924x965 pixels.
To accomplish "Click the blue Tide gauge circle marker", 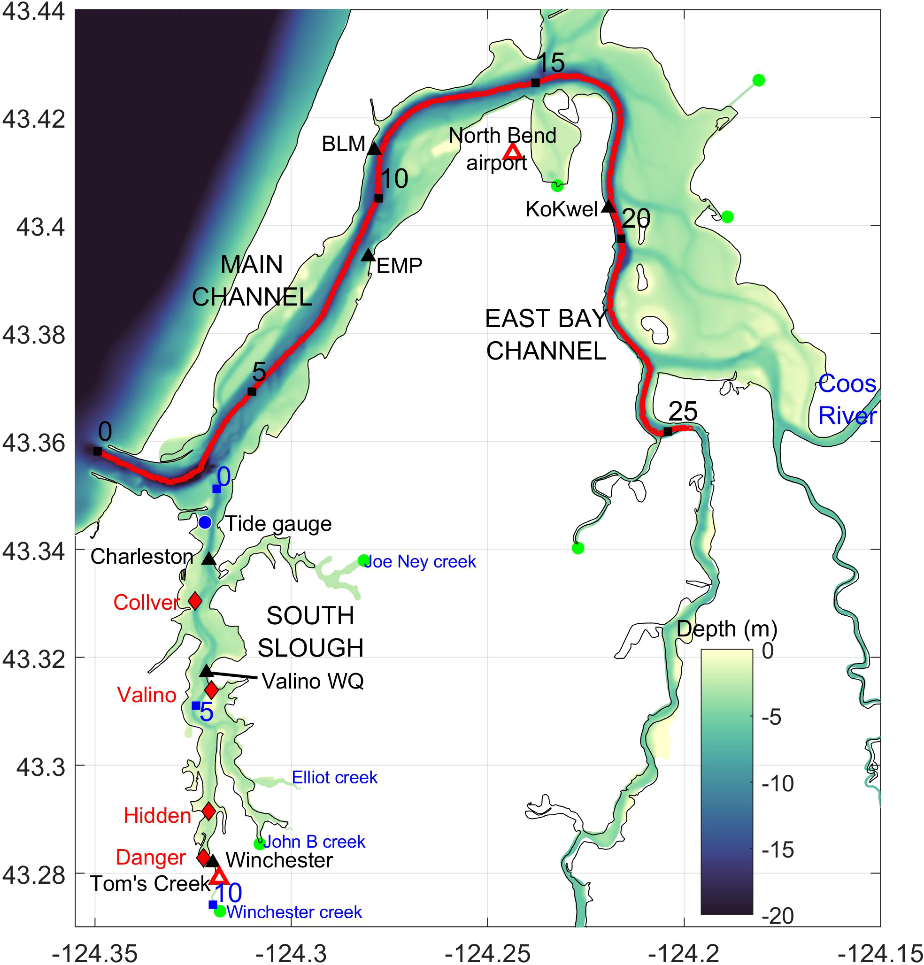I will tap(205, 522).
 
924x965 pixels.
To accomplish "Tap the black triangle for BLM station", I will tap(374, 149).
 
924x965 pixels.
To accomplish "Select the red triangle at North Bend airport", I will tap(513, 152).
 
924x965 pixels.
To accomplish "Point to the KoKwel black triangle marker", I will tap(609, 207).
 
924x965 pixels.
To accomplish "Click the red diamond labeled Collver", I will tap(195, 601).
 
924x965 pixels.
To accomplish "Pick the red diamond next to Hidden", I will tap(209, 811).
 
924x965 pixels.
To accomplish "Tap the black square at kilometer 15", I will tap(535, 83).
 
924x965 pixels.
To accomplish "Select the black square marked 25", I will tap(668, 431).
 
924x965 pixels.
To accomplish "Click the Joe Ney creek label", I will tap(420, 562).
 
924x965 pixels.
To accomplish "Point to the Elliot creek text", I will tap(334, 777).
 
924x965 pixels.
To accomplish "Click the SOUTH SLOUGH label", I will tap(311, 632).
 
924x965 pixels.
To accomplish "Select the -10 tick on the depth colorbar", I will tap(778, 783).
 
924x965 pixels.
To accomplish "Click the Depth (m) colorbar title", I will tap(727, 629).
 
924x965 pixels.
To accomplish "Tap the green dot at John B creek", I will tap(259, 844).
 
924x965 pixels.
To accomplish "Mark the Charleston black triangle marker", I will tap(209, 559).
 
